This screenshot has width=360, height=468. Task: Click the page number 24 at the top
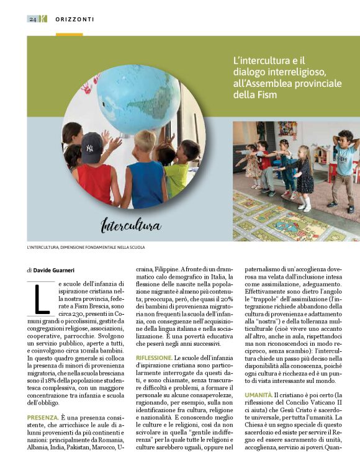(32, 19)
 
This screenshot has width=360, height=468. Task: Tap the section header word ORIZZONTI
(74, 19)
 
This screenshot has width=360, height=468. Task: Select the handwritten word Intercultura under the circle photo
(131, 224)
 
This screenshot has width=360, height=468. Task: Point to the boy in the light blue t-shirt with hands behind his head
(345, 164)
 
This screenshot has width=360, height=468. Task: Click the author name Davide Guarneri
(56, 270)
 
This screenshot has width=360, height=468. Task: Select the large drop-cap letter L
(41, 299)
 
